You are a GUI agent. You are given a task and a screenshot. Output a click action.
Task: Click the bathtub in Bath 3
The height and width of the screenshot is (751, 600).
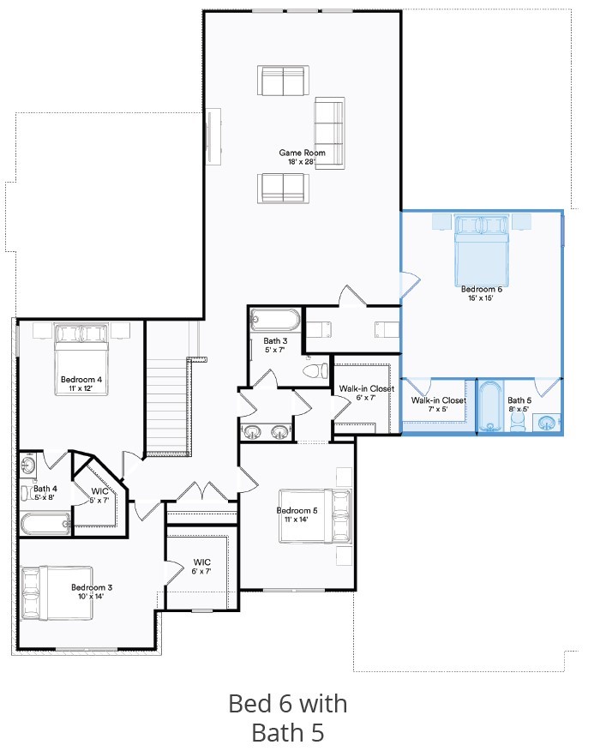[x=276, y=321]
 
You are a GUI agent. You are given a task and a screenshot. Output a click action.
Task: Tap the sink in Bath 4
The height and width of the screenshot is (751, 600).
[x=27, y=466]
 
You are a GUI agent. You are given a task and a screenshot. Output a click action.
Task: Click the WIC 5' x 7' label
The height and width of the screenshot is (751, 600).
[x=99, y=496]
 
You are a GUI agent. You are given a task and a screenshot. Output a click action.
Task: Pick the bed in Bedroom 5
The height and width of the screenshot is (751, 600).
[x=315, y=515]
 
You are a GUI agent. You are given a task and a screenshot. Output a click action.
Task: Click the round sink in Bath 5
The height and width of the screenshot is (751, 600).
[x=546, y=421]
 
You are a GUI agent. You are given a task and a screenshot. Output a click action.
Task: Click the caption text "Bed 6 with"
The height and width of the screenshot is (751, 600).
[x=288, y=704]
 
